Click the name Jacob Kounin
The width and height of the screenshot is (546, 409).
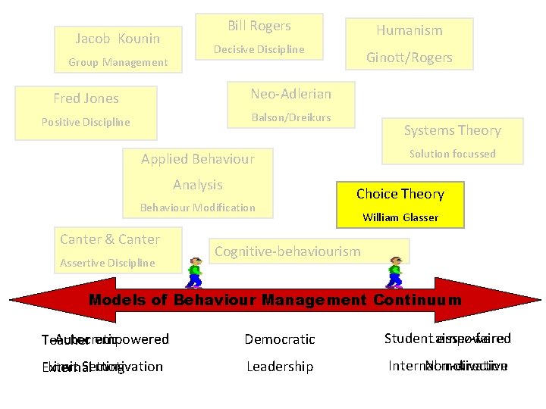click(x=118, y=39)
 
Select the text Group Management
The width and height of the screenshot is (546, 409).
click(x=118, y=62)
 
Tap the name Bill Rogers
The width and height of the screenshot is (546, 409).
click(x=259, y=26)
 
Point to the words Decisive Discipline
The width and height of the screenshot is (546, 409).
click(x=259, y=49)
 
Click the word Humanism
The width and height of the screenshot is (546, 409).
click(x=409, y=30)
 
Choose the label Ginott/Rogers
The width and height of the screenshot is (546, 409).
click(x=409, y=58)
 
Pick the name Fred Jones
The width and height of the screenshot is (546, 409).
click(x=86, y=98)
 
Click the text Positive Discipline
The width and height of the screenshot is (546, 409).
click(x=86, y=122)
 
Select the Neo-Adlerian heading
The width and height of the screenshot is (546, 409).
click(x=291, y=94)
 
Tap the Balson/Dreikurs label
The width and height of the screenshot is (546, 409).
click(x=291, y=117)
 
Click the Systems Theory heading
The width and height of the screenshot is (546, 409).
click(x=452, y=130)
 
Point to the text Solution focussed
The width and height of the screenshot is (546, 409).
click(x=452, y=154)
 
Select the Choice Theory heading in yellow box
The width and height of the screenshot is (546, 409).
click(x=400, y=194)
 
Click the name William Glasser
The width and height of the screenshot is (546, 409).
click(x=400, y=218)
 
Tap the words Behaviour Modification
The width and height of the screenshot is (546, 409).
click(x=197, y=208)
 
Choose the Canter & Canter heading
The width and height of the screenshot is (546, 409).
click(x=110, y=239)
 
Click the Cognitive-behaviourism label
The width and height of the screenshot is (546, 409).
click(x=287, y=251)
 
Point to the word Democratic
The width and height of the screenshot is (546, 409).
click(x=280, y=340)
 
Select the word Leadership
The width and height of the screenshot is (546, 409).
click(x=280, y=367)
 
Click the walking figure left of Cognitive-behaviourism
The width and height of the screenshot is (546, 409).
click(x=194, y=273)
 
